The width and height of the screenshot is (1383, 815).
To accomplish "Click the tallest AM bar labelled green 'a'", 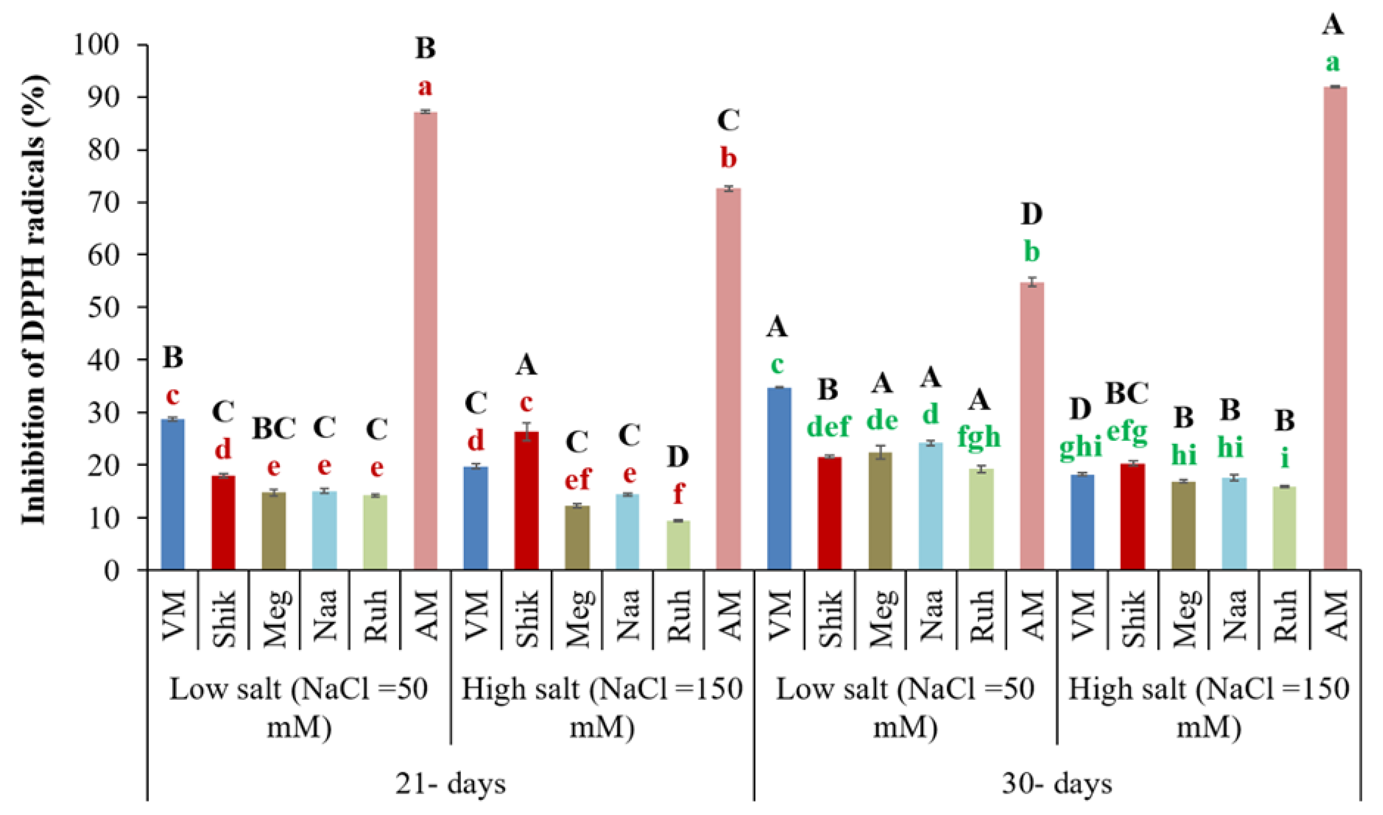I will point(1335,329).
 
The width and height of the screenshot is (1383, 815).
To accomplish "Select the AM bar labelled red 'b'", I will point(729,379).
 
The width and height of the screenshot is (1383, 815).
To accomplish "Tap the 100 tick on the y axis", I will point(104,45).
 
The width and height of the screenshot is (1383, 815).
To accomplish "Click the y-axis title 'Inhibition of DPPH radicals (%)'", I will point(34,299).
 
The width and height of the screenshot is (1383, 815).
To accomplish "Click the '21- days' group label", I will point(450,784).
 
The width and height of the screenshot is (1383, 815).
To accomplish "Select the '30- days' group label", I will point(1057,784).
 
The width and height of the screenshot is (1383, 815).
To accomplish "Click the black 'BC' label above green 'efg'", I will point(1127,393).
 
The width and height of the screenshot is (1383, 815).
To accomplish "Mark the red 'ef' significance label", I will point(577,480).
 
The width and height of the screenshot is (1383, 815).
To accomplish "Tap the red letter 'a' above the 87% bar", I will point(424,87).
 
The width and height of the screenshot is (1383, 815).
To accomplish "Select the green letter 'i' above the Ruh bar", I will point(1285,459).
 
